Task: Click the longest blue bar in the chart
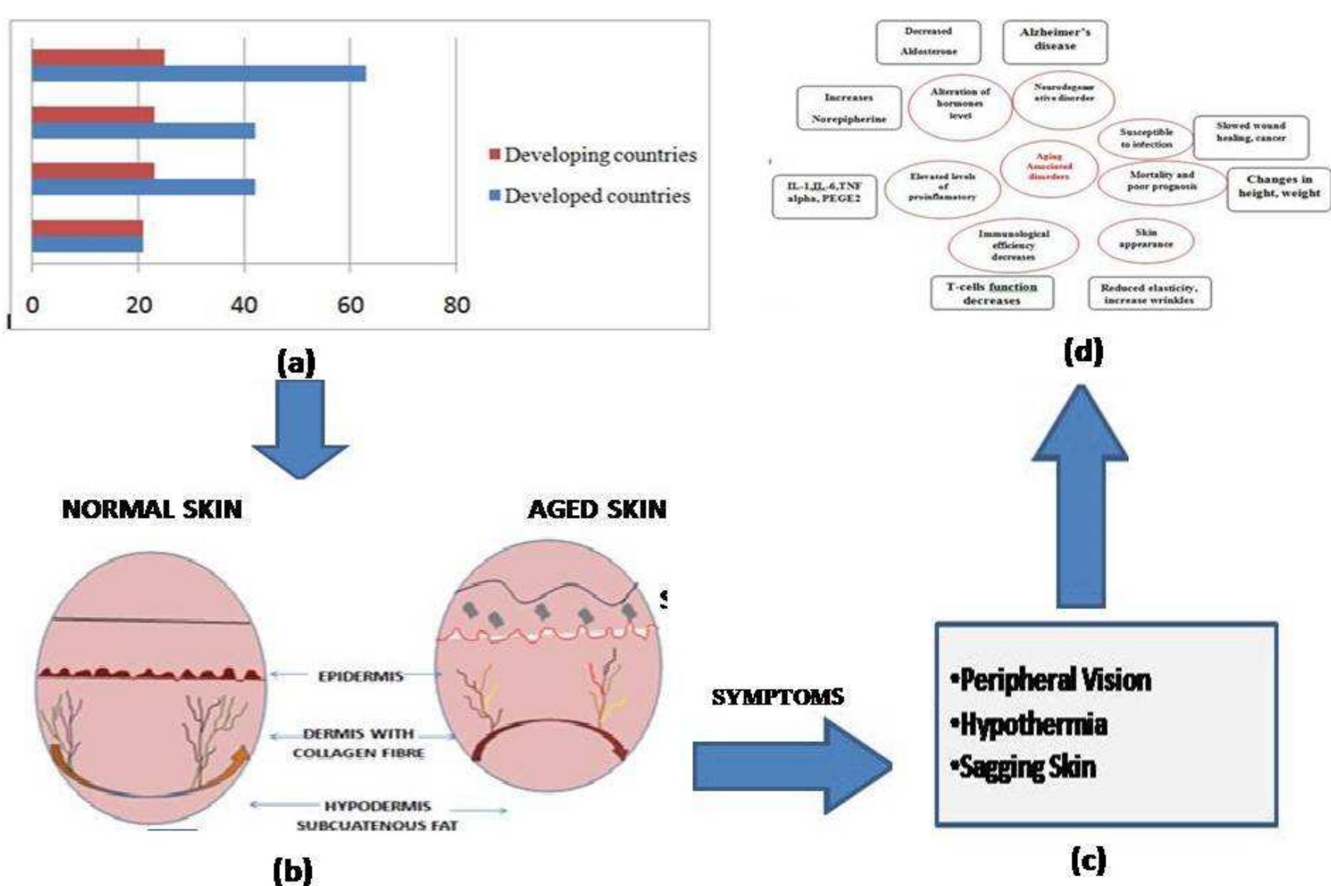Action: pyautogui.click(x=199, y=73)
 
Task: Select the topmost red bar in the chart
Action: pyautogui.click(x=98, y=57)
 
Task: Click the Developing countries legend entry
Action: pyautogui.click(x=593, y=155)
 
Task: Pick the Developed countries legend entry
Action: pyautogui.click(x=590, y=196)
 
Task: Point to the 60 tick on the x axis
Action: pyautogui.click(x=350, y=304)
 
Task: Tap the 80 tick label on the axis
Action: pyautogui.click(x=456, y=304)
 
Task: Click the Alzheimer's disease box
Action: pyautogui.click(x=1054, y=40)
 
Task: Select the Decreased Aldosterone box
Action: pyautogui.click(x=928, y=41)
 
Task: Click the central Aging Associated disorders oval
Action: pyautogui.click(x=1049, y=167)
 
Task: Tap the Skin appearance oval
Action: pyautogui.click(x=1146, y=239)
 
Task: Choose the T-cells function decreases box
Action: pyautogui.click(x=991, y=293)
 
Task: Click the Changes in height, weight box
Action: pyautogui.click(x=1278, y=187)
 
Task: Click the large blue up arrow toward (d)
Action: pyautogui.click(x=1080, y=502)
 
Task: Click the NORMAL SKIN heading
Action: pyautogui.click(x=152, y=509)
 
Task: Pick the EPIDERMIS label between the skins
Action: pyautogui.click(x=360, y=676)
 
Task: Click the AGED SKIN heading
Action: pyautogui.click(x=597, y=509)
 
